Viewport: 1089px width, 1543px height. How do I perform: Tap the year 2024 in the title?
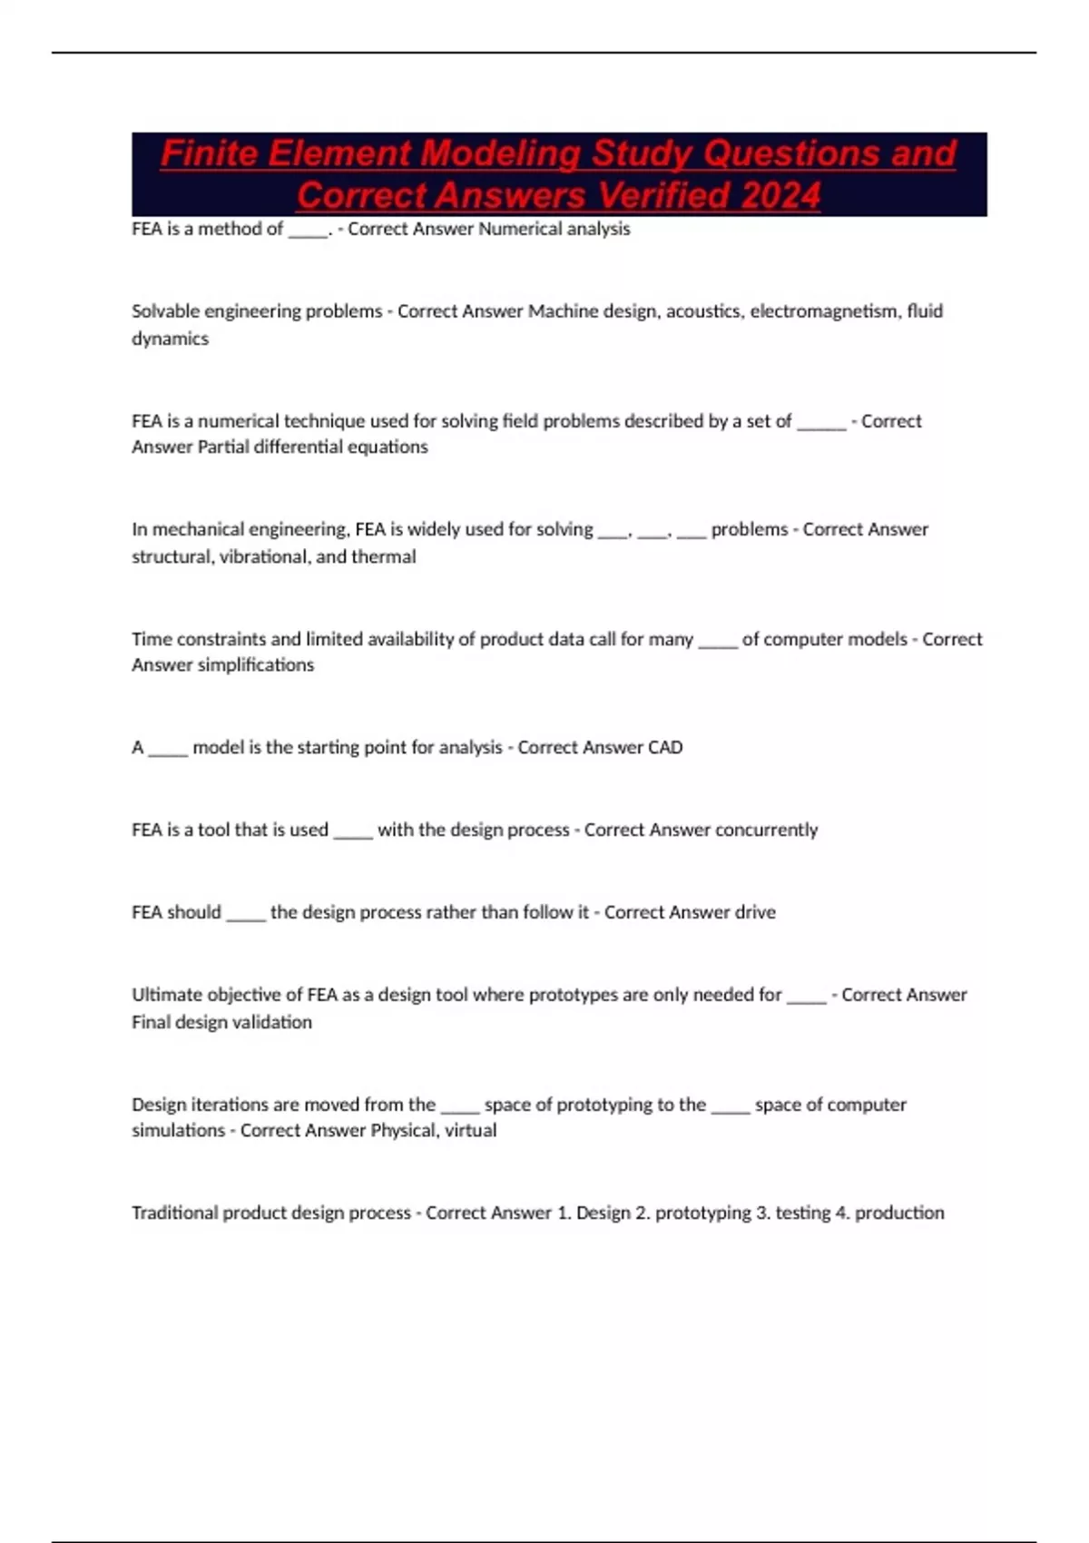780,195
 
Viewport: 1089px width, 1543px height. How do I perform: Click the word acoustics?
704,311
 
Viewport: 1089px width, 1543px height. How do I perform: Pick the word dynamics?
170,339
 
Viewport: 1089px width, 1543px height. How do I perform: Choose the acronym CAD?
665,747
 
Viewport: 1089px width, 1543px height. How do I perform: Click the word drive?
755,912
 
